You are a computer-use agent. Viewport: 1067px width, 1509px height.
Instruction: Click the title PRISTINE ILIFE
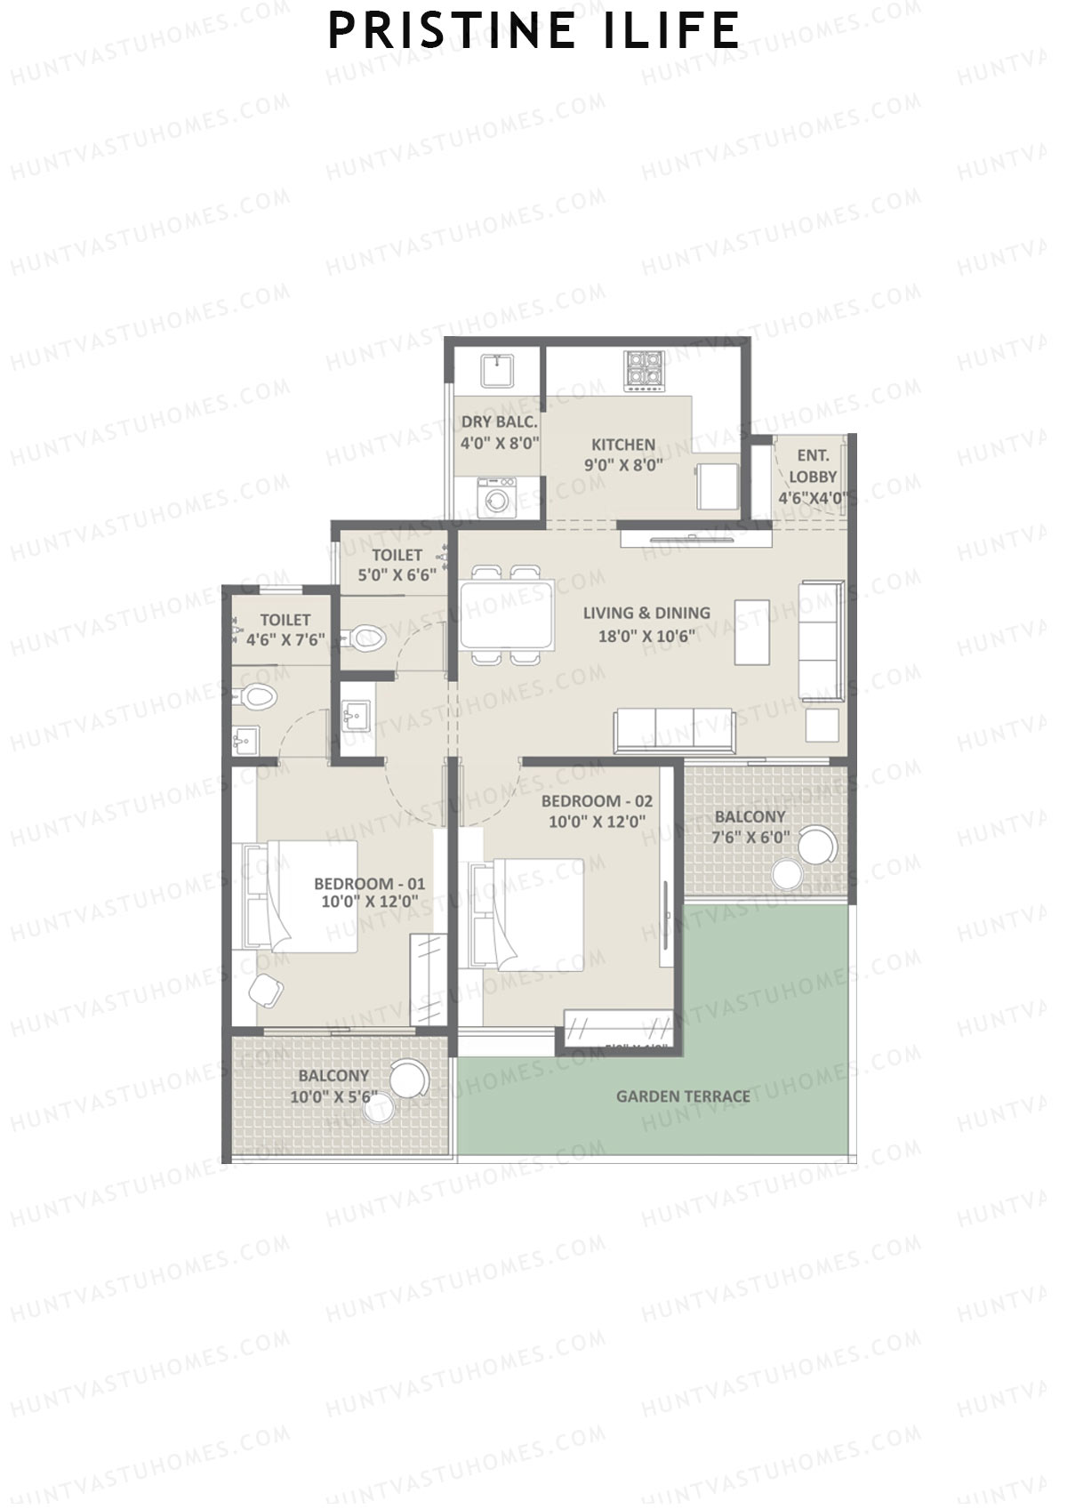click(533, 31)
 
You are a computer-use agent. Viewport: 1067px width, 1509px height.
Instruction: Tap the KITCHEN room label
click(623, 445)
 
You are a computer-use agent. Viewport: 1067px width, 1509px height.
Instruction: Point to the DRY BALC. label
click(500, 422)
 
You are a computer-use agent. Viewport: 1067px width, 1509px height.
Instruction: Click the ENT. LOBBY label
click(812, 466)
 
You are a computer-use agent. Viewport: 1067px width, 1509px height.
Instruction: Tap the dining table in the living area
click(507, 614)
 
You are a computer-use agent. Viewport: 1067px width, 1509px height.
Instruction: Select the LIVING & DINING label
click(646, 613)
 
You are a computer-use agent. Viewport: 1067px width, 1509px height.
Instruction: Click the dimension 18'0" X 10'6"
click(646, 635)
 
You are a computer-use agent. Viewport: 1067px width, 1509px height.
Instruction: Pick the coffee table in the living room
click(752, 631)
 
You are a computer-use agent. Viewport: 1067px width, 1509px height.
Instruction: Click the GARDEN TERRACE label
click(683, 1096)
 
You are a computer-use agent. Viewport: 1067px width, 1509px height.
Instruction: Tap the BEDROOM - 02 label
click(597, 801)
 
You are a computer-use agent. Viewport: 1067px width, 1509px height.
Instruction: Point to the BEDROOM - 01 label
click(369, 884)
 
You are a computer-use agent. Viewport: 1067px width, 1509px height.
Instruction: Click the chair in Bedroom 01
click(266, 990)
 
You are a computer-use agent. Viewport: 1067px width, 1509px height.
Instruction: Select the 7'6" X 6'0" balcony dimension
click(750, 837)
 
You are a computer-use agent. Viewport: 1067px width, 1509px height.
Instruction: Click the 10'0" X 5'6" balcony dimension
click(333, 1097)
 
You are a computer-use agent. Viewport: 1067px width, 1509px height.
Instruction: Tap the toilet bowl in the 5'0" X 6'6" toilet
click(365, 637)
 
